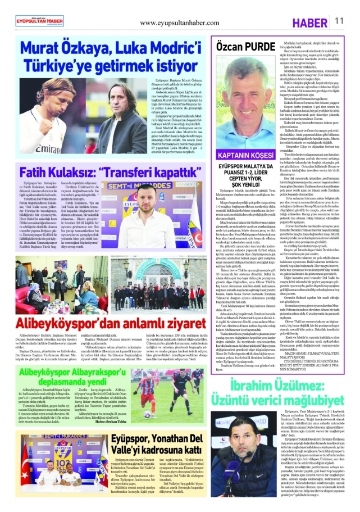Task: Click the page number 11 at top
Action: coord(340,20)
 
